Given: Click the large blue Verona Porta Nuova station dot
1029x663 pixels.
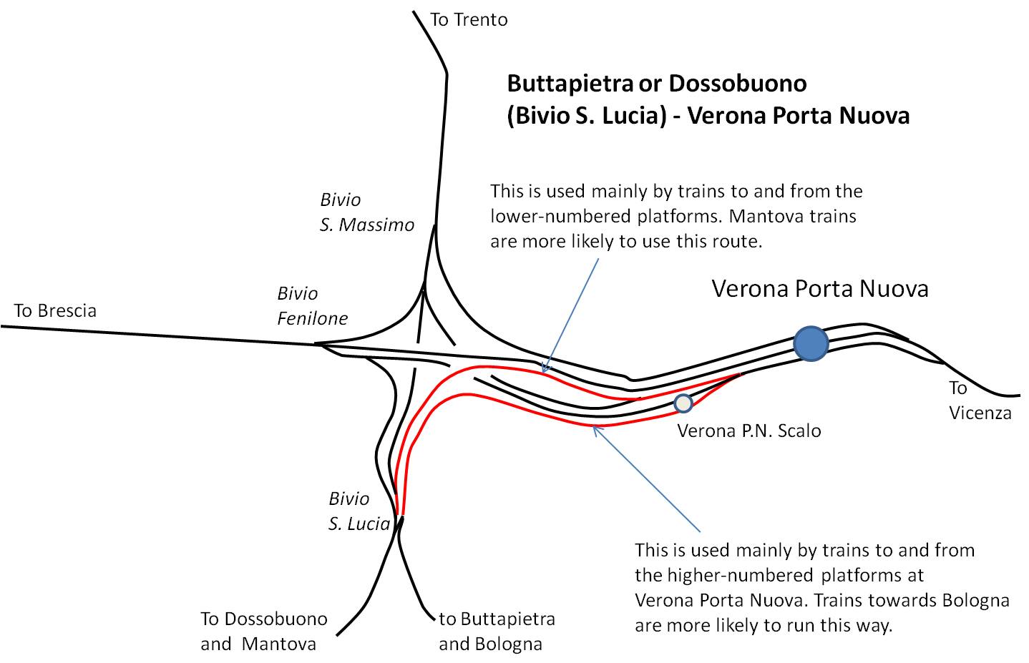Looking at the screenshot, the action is click(811, 343).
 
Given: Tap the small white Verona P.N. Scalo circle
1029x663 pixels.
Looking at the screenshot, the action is click(683, 403).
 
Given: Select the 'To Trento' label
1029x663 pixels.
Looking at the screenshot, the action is click(469, 20).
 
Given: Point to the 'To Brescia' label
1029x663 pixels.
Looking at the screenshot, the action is click(55, 311).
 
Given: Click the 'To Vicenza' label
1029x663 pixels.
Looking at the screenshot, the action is click(980, 401).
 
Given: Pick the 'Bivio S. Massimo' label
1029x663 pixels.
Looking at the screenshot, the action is click(366, 212).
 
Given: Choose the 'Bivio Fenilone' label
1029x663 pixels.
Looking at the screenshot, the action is click(313, 306).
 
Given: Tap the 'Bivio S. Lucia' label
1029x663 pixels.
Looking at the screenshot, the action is click(359, 511).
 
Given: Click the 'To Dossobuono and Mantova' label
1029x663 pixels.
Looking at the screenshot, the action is click(263, 632).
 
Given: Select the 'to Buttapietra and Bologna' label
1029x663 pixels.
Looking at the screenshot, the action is click(497, 632).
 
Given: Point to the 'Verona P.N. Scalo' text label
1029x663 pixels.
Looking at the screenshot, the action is click(748, 431).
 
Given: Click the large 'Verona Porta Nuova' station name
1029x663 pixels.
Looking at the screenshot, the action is click(820, 289).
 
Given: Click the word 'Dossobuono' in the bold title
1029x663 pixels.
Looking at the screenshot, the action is click(737, 84).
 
